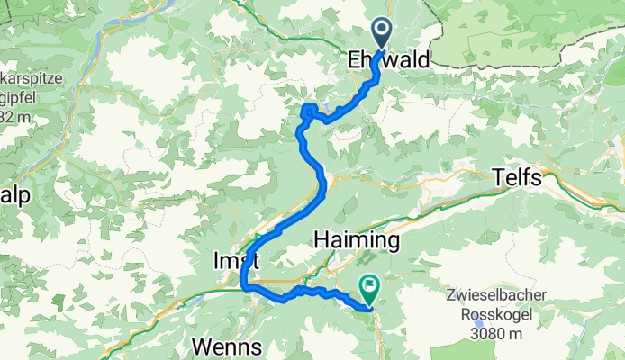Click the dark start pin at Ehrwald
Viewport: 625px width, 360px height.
coord(381,35)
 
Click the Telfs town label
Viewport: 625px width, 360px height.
coord(518,178)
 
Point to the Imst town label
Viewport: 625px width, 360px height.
coord(235,259)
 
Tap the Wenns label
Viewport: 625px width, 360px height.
coord(226,346)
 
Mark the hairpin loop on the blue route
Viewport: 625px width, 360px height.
coord(308,112)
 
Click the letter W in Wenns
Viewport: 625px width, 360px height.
coord(201,346)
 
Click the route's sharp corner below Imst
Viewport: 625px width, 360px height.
coord(245,286)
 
